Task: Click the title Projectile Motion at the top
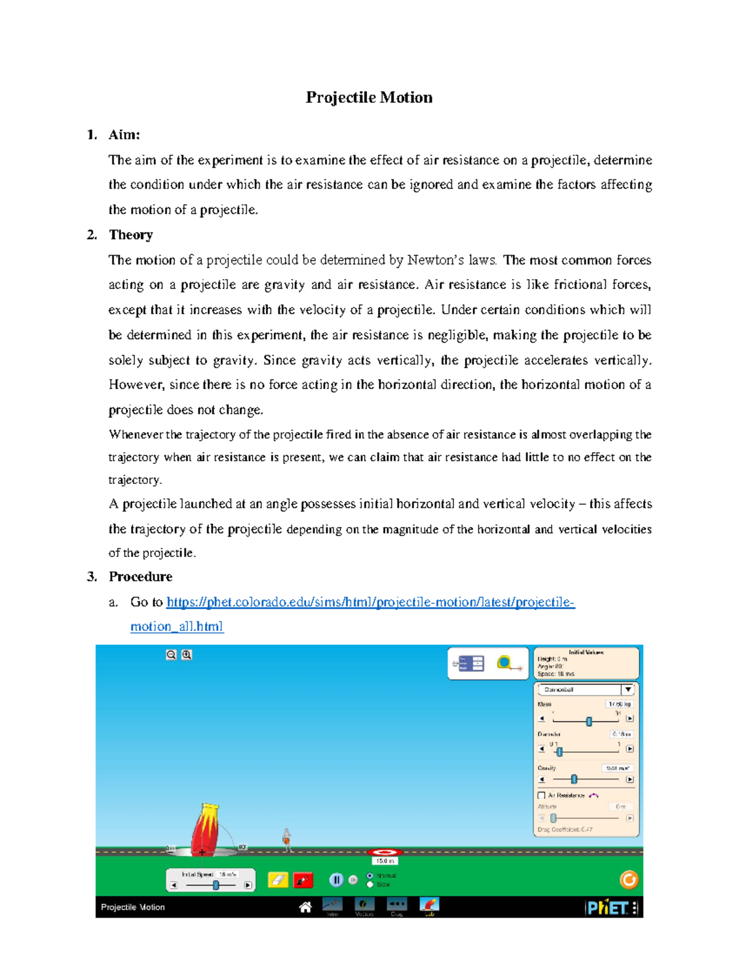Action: [369, 97]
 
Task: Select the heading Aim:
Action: [124, 135]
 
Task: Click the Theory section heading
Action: [131, 235]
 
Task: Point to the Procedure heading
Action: [140, 577]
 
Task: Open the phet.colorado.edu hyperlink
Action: [370, 602]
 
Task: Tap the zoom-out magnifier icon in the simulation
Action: [171, 655]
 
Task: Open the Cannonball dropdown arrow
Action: [627, 690]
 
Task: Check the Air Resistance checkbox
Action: [542, 796]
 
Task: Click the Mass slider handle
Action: [589, 721]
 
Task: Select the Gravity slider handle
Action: [574, 780]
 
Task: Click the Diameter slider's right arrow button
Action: [629, 749]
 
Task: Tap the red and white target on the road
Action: [385, 852]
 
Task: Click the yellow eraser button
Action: [278, 880]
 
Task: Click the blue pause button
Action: [336, 880]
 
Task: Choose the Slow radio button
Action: [370, 885]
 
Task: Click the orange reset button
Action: [628, 879]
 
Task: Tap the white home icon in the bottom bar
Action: [305, 907]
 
